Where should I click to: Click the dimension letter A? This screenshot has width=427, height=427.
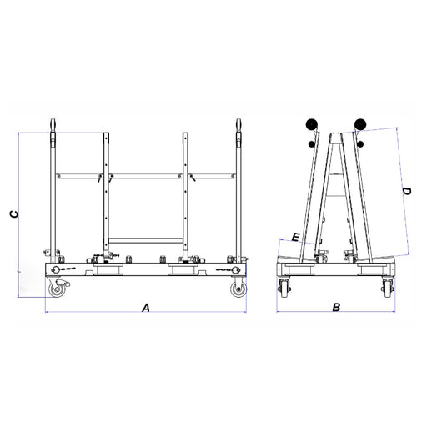pyautogui.click(x=146, y=308)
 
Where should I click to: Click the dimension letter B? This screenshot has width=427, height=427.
pyautogui.click(x=336, y=307)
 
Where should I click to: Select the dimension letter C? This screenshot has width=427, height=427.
pyautogui.click(x=14, y=214)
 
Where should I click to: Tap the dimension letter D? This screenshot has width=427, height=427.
pyautogui.click(x=407, y=191)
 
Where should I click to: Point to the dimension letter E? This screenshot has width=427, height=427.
pyautogui.click(x=296, y=237)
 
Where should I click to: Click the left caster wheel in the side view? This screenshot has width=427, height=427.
pyautogui.click(x=57, y=289)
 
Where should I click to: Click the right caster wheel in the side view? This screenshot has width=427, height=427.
pyautogui.click(x=239, y=289)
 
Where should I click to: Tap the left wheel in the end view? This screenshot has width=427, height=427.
pyautogui.click(x=284, y=289)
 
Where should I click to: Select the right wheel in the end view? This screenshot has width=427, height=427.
pyautogui.click(x=388, y=289)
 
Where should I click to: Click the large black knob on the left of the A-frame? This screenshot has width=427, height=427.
pyautogui.click(x=311, y=124)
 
